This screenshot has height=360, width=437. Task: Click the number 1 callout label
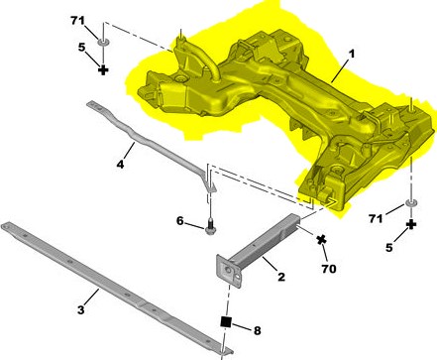tap(352, 54)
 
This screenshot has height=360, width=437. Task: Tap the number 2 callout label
tap(281, 277)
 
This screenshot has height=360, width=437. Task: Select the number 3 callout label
tap(81, 310)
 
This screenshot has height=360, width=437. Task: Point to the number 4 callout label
tap(120, 164)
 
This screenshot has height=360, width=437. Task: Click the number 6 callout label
tap(180, 221)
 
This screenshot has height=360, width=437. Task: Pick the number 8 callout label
tap(257, 330)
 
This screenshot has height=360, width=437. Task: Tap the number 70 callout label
tap(329, 269)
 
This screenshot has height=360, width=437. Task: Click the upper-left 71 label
tap(78, 21)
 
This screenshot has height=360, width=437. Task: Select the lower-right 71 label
tap(377, 218)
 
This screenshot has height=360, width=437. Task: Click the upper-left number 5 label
tap(81, 48)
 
